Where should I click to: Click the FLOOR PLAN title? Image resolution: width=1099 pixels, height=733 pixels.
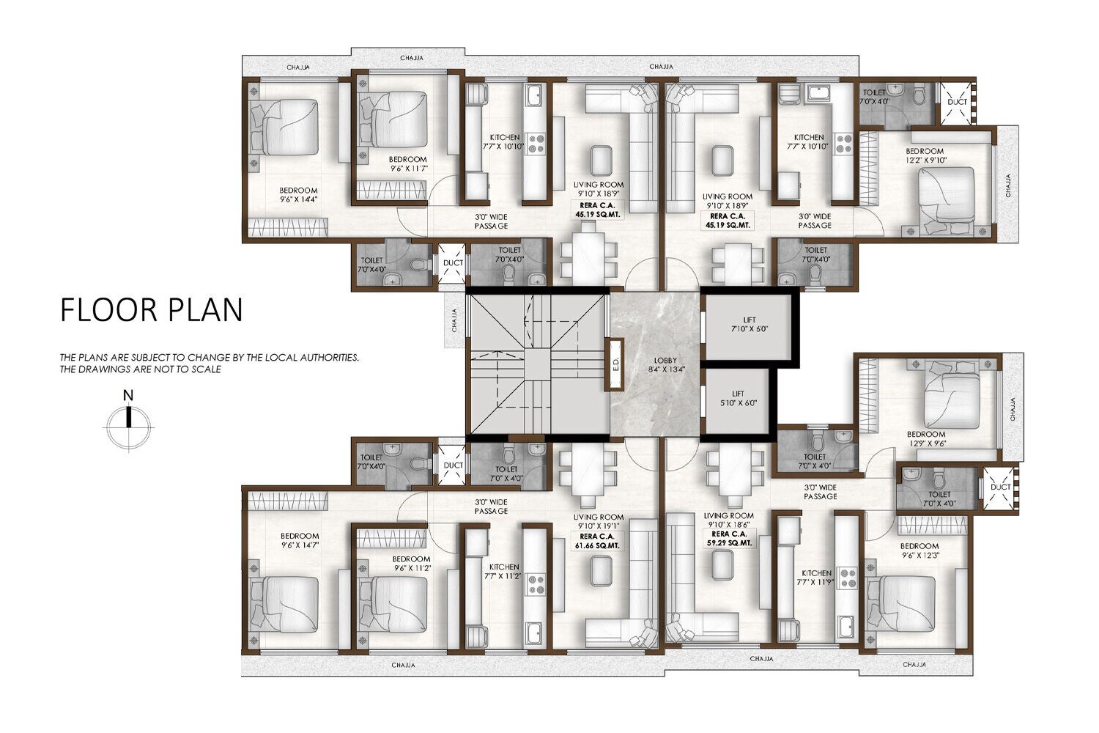(x=151, y=310)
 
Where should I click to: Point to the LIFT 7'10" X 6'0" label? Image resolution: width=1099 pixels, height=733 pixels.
(x=749, y=325)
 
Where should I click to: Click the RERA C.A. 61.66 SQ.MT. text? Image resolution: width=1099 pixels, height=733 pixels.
(x=599, y=540)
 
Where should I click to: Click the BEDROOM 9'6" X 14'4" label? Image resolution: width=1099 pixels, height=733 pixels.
(x=299, y=194)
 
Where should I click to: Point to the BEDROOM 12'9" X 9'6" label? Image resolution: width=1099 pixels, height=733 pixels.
(x=925, y=438)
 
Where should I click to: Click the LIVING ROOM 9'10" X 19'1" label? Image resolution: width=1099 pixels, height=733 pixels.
(x=599, y=520)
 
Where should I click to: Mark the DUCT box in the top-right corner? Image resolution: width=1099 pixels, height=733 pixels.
(x=957, y=102)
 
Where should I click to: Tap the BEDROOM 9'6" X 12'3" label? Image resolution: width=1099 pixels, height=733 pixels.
(x=919, y=550)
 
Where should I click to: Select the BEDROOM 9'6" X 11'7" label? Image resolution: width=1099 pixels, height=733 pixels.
(x=407, y=163)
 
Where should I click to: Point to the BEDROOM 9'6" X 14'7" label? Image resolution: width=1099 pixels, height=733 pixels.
(x=299, y=540)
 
